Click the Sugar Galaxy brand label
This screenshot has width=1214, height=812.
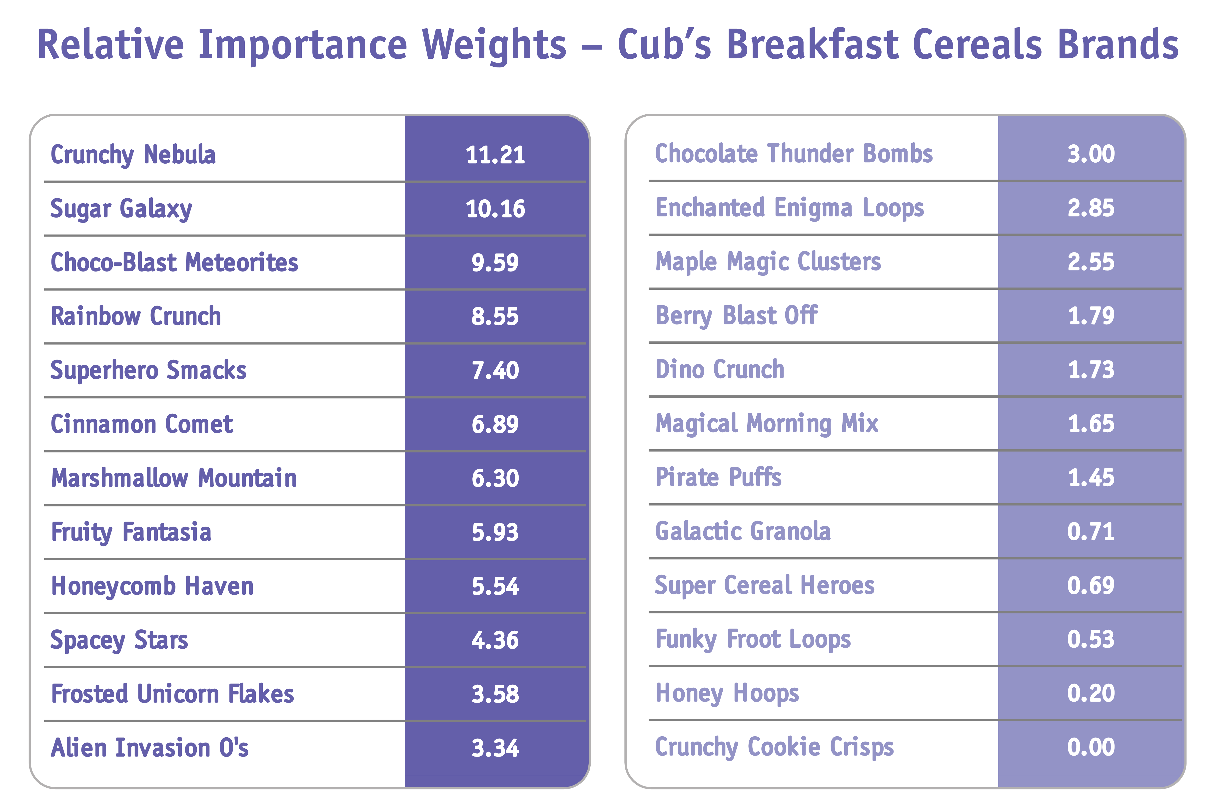(121, 209)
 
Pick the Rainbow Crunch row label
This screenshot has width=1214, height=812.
(136, 316)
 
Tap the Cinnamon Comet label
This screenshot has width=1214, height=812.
(142, 424)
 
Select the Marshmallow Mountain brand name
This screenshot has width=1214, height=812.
(173, 478)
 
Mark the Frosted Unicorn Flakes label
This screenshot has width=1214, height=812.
(172, 694)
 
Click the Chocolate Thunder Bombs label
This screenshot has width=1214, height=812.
(794, 154)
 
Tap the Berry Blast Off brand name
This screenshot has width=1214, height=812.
(736, 315)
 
